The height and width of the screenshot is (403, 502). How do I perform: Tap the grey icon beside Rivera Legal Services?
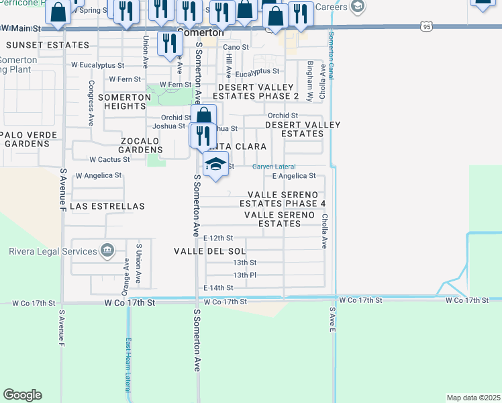pyautogui.click(x=106, y=251)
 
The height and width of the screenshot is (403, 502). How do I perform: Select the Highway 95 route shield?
pyautogui.click(x=426, y=26)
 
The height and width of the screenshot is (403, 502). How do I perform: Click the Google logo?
pyautogui.click(x=22, y=395)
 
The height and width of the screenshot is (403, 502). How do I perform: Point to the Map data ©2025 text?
pyautogui.click(x=473, y=398)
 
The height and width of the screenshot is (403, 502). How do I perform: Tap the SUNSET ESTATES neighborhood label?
pyautogui.click(x=47, y=45)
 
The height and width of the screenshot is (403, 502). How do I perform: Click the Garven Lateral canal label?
pyautogui.click(x=274, y=167)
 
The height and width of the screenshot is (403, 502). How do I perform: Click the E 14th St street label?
pyautogui.click(x=218, y=287)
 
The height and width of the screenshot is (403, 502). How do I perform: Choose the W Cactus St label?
pyautogui.click(x=109, y=160)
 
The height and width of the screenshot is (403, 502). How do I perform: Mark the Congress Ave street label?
pyautogui.click(x=91, y=103)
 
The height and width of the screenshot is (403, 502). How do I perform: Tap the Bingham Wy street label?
pyautogui.click(x=310, y=81)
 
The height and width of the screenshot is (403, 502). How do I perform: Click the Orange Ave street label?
pyautogui.click(x=125, y=273)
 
